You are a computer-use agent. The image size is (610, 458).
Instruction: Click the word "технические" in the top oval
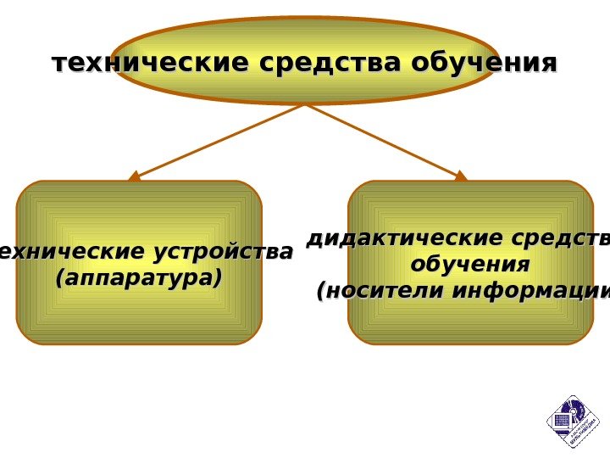136,64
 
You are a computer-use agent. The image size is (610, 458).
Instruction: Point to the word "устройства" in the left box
223,252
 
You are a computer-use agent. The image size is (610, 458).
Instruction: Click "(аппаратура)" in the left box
138,277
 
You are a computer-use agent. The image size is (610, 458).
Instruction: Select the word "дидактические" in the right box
395,238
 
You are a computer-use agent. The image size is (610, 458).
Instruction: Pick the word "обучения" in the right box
470,265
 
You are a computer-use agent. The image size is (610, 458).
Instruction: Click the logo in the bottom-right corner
573,422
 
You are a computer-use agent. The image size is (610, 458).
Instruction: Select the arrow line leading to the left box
220,140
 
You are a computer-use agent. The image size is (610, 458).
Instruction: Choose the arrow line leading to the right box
385,140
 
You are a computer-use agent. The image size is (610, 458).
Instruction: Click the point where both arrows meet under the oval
305,105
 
